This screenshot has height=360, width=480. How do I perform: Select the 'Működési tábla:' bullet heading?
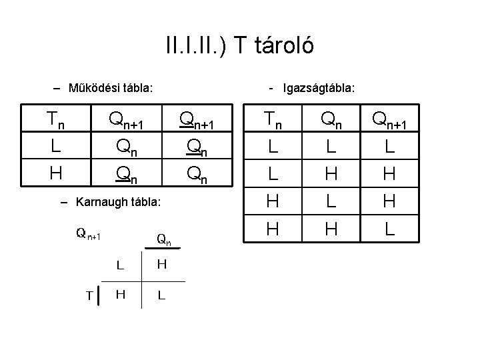[x=107, y=87]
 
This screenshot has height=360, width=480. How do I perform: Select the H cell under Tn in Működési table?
[x=55, y=173]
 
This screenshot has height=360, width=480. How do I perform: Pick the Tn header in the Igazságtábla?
[x=272, y=121]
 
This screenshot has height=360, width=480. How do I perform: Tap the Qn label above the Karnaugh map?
[x=163, y=238]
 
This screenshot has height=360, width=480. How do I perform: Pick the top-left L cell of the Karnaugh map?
[x=121, y=265]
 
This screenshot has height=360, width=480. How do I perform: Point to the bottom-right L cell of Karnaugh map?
[x=162, y=295]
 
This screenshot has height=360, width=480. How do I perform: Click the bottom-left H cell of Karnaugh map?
[x=121, y=294]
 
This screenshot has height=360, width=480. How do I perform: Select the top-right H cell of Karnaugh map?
[x=162, y=265]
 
